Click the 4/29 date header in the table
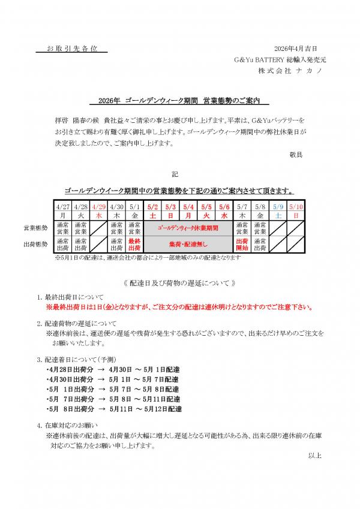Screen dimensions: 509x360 (98, 206)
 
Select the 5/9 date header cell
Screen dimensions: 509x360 (278, 206)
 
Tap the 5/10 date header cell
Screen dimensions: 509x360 (296, 206)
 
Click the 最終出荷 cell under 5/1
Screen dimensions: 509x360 (134, 243)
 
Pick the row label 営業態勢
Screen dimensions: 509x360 (35, 228)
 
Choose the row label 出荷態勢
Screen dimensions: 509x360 (35, 243)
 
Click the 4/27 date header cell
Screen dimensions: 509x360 (62, 206)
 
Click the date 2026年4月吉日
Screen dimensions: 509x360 (295, 48)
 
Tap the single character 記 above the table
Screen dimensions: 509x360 (175, 174)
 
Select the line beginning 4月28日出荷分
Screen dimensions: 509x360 (113, 370)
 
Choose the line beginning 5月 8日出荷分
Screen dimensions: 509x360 (113, 408)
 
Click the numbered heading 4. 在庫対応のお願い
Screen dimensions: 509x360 (71, 425)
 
